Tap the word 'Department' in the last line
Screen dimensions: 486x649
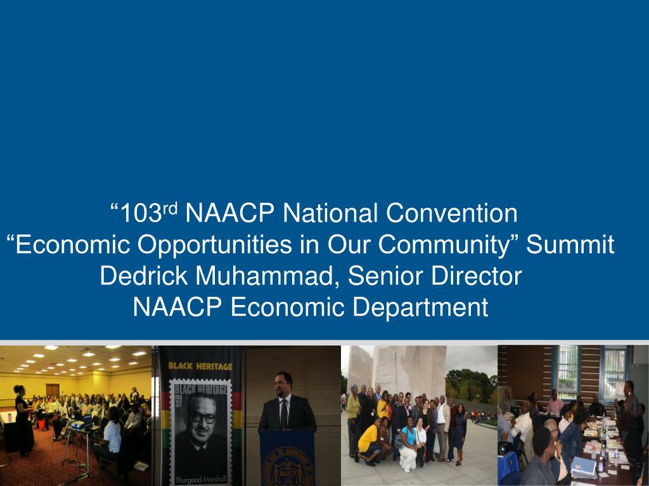click(420, 308)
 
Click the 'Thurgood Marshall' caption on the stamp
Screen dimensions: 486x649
click(194, 478)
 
